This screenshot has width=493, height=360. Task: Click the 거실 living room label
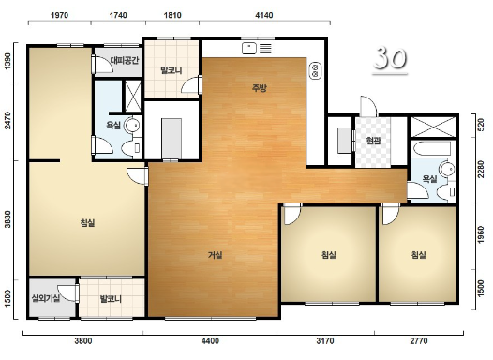point(215,255)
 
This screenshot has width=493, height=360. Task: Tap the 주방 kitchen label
point(260,88)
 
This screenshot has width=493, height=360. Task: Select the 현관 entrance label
point(374,141)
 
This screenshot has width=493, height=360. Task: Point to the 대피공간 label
point(125,60)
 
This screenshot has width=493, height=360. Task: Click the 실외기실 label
point(46,298)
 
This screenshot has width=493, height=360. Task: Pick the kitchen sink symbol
point(249,49)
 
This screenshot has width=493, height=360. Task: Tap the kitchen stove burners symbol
point(315,70)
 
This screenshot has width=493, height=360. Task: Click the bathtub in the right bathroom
point(433,149)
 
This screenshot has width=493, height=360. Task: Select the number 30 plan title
point(390,58)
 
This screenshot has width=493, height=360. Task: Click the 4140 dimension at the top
point(264,15)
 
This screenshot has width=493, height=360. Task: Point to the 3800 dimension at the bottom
point(83,340)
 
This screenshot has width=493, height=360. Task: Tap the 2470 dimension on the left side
point(7,121)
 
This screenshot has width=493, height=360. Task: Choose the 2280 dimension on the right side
point(481,169)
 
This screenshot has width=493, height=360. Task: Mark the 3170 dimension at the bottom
point(325,340)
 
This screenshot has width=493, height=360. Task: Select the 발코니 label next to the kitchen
point(172,69)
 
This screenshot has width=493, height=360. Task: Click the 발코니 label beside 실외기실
point(111,298)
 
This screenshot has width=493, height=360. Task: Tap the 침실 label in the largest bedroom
point(88,223)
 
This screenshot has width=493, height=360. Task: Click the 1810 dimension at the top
point(172,15)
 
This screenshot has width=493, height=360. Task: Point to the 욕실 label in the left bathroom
point(113,125)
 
